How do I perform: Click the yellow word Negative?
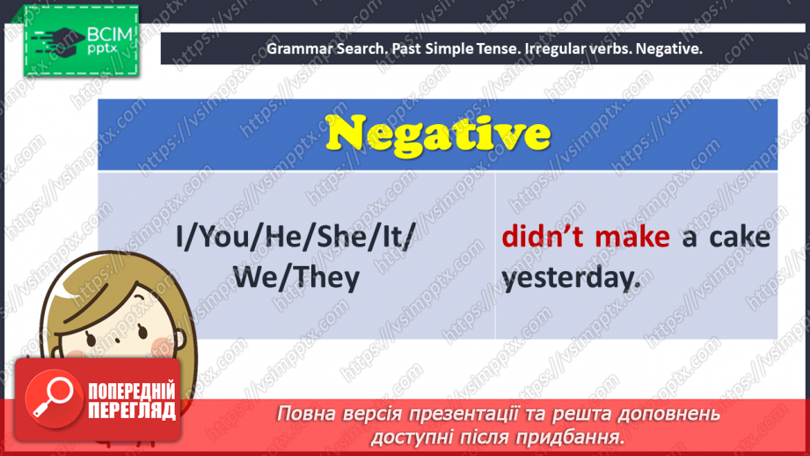click(x=437, y=135)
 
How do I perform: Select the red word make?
click(x=631, y=238)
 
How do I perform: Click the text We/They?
click(x=296, y=278)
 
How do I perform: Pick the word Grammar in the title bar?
click(x=299, y=49)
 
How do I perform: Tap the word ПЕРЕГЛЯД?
click(x=131, y=409)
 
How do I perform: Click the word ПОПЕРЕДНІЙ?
click(x=131, y=390)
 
